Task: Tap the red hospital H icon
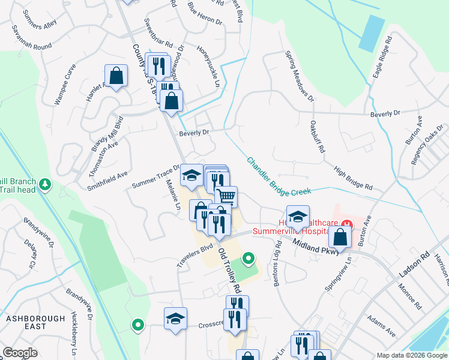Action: click(x=346, y=224)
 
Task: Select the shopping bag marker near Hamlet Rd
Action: click(x=116, y=76)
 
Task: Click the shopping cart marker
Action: click(x=226, y=196)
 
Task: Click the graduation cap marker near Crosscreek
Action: click(x=175, y=318)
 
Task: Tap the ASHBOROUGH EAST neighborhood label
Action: click(x=27, y=322)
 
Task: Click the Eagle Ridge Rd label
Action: click(x=382, y=56)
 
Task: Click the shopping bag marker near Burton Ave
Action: click(x=340, y=236)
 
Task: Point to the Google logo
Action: click(x=20, y=352)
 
